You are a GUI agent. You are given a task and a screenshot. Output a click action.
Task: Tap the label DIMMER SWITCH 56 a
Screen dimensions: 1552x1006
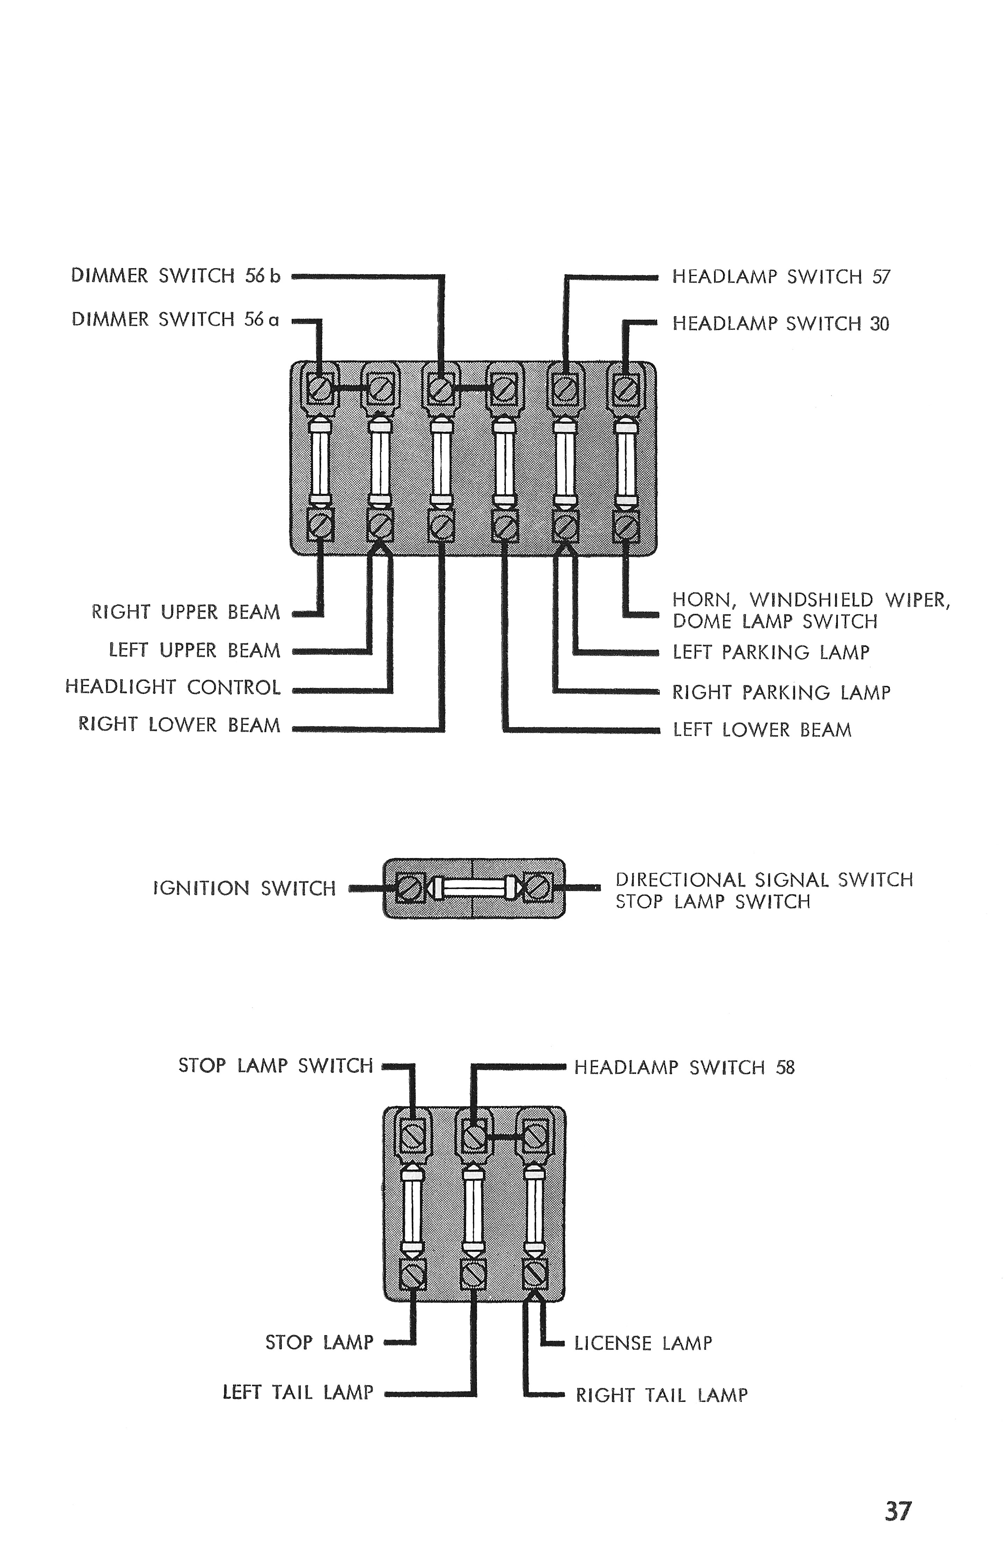(175, 320)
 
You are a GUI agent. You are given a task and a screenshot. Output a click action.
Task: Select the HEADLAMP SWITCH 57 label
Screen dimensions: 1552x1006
(780, 277)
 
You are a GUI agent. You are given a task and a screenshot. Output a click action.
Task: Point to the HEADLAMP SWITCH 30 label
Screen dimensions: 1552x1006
(780, 324)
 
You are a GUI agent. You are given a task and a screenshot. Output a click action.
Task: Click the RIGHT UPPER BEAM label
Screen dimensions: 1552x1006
(186, 612)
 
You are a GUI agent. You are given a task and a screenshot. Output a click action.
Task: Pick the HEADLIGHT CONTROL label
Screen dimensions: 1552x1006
(173, 687)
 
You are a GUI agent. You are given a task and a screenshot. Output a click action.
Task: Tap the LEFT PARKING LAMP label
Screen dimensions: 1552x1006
(771, 652)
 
